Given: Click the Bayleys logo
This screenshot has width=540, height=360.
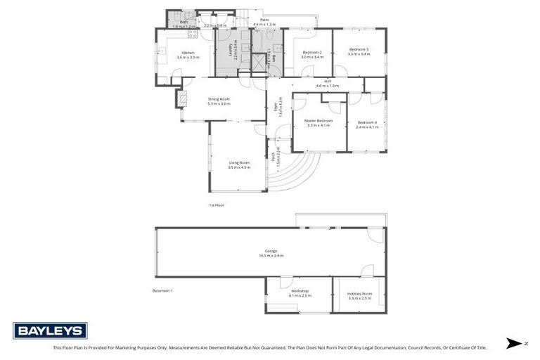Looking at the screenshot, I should [50, 330].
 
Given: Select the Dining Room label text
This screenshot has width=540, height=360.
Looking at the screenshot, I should [219, 101].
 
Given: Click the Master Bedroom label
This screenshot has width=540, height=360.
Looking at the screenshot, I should [319, 122].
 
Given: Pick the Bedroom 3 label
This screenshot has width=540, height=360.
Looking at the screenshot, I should [358, 51].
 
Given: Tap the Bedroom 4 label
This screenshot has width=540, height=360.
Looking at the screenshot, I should [366, 124].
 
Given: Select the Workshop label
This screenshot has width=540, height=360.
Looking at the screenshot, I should [300, 292].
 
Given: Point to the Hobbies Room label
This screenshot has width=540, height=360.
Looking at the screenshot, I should [359, 296].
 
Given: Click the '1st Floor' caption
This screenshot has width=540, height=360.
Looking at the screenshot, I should [216, 205].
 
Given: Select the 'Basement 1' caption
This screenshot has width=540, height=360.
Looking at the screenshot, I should [162, 290].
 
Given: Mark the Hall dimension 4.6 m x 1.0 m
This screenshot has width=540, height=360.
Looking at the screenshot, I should [327, 85].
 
